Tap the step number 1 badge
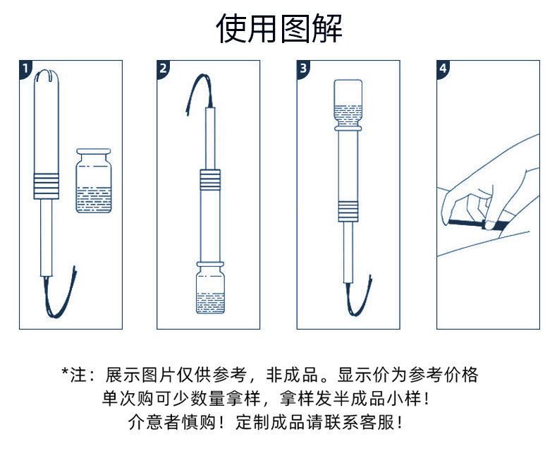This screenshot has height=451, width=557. [x=25, y=68]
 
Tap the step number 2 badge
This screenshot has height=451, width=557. [x=163, y=68]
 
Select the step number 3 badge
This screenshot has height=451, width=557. [x=302, y=68]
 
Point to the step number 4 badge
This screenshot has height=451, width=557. [x=443, y=68]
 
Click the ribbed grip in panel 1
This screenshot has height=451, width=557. [x=46, y=186]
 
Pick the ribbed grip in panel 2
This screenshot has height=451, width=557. [x=209, y=181]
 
